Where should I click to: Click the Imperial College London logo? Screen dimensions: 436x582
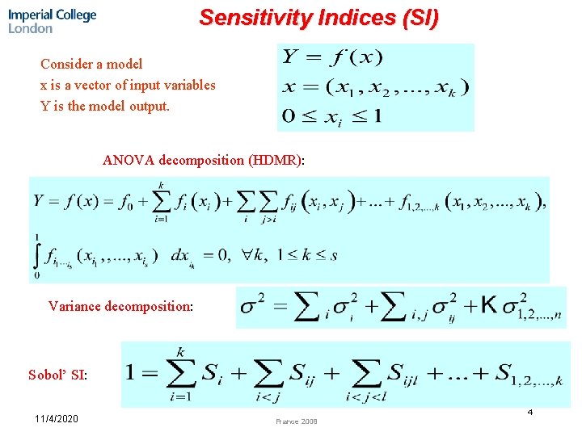pos(52,21)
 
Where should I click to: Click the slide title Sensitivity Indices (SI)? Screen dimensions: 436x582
pos(319,18)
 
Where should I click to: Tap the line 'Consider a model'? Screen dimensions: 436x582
pos(91,64)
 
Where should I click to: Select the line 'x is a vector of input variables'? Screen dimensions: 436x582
pos(128,85)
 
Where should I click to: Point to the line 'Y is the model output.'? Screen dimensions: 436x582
pos(105,106)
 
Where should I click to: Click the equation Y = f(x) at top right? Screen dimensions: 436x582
pos(332,58)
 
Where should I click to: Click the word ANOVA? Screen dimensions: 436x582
pos(128,160)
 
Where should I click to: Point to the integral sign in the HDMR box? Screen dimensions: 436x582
pos(36,256)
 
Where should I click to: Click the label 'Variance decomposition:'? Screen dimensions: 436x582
pos(120,306)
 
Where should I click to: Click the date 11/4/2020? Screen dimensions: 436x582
pos(57,420)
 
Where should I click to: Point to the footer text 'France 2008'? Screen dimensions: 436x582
pos(297,421)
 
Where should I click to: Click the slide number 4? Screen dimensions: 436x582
pos(530,413)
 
